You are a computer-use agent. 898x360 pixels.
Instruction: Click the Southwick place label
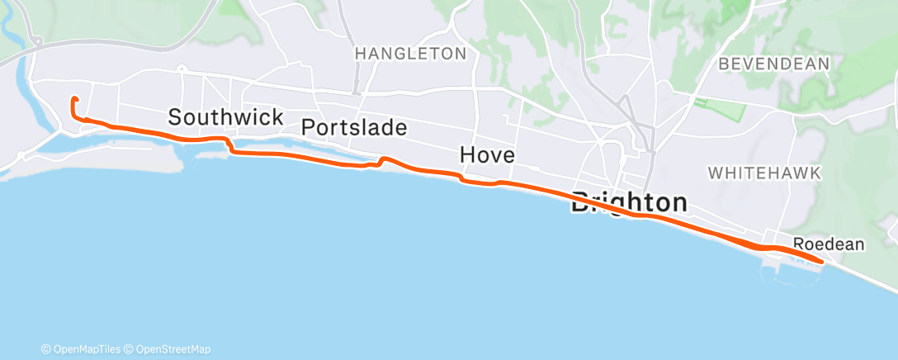click(x=225, y=117)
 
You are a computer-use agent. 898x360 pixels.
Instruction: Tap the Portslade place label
click(x=354, y=128)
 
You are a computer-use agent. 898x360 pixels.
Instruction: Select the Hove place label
click(x=487, y=154)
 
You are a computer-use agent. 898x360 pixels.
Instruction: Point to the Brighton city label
click(x=629, y=203)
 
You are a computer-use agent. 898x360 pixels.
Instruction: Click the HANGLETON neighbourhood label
click(x=410, y=54)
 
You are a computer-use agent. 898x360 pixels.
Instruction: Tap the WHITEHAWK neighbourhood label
click(x=763, y=173)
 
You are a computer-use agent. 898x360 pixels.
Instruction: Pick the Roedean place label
click(x=828, y=244)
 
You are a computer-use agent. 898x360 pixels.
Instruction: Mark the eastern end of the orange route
click(x=821, y=262)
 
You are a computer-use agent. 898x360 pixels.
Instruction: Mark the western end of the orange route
click(x=74, y=99)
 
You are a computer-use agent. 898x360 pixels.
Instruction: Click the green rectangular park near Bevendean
click(x=720, y=107)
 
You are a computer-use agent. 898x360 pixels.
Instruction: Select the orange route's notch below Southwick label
click(x=230, y=149)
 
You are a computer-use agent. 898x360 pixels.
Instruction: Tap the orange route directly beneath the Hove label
click(x=487, y=183)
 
